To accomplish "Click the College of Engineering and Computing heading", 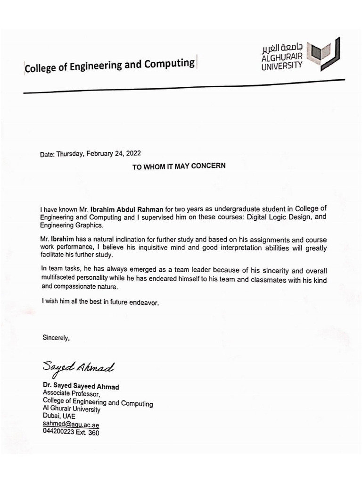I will [x=109, y=65].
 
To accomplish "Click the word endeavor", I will [x=148, y=303].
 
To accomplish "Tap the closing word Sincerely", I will [x=56, y=337].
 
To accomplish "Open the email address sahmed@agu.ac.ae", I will [x=71, y=425].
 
